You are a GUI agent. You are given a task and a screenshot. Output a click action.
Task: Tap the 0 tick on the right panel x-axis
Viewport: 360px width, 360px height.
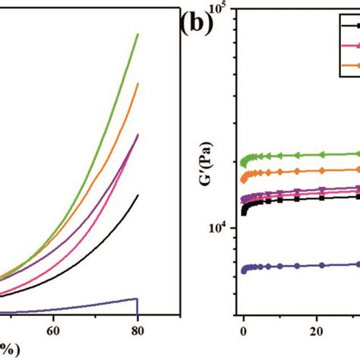243,331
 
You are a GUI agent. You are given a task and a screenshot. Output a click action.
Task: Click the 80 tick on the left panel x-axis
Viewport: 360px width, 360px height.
137,331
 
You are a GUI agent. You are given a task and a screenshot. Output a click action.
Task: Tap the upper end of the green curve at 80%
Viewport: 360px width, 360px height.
137,34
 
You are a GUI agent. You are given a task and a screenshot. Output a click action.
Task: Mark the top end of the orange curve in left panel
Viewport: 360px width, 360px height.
137,84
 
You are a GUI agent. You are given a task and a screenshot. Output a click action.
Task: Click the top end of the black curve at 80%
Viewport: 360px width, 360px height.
137,195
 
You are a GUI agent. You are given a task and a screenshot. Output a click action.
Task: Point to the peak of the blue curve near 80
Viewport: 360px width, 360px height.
136,298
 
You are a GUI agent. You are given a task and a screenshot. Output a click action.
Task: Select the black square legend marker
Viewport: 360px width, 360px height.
350,27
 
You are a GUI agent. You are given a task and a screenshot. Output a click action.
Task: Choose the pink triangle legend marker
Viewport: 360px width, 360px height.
350,46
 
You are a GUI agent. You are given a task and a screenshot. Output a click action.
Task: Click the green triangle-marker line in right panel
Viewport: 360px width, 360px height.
304,155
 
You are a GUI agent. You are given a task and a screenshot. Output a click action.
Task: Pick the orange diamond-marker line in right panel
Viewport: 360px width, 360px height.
304,171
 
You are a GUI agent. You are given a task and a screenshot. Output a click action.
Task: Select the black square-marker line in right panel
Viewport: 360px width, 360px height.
304,198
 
